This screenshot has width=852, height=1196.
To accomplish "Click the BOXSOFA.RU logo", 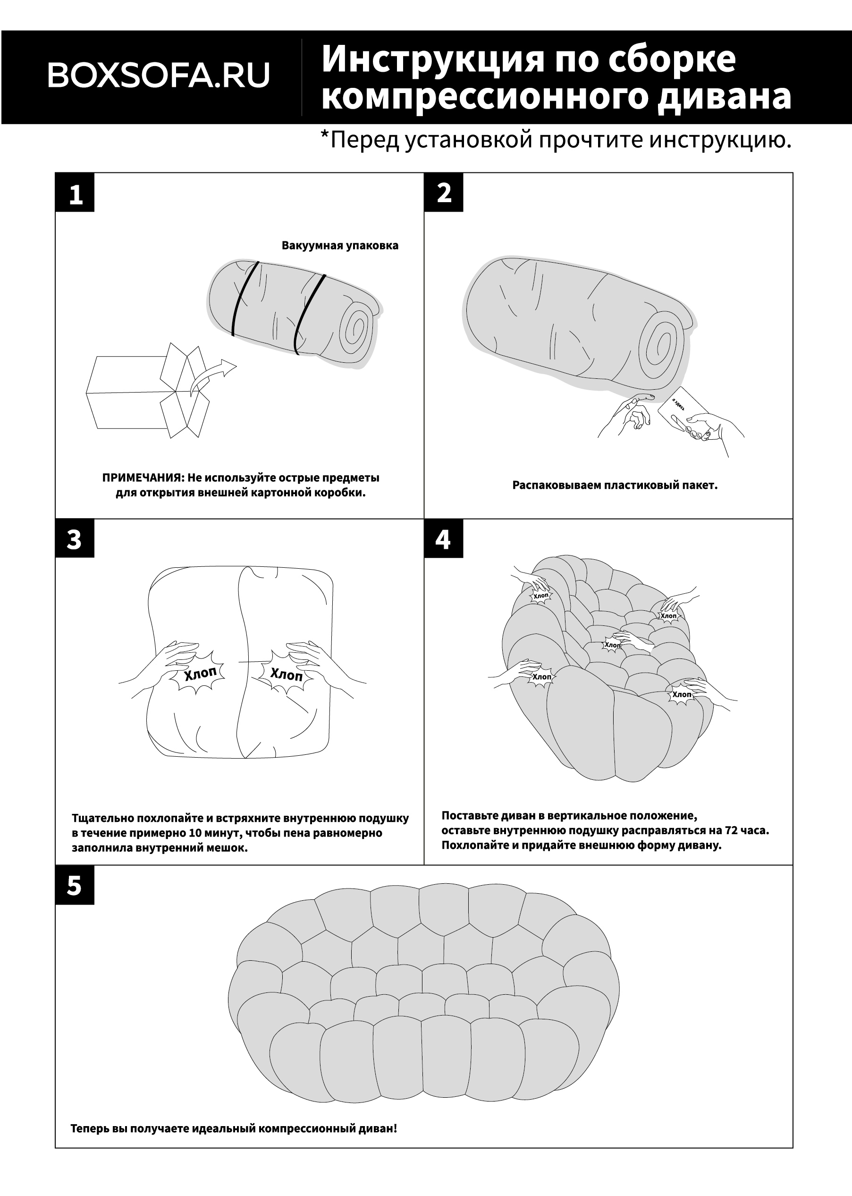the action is (x=159, y=75).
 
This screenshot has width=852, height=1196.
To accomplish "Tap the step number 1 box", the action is (x=75, y=193).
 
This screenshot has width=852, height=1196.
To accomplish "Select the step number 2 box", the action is (x=444, y=193).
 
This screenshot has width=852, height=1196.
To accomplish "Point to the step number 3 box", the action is (x=75, y=538).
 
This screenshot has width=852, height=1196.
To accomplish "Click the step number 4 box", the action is (x=444, y=538).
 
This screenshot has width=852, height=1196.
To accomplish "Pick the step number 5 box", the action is (x=75, y=885).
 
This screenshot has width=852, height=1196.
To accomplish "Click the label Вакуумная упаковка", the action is (x=340, y=246).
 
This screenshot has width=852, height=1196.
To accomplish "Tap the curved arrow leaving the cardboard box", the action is (x=212, y=376).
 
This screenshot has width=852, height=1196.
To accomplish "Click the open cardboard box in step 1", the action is (x=148, y=390).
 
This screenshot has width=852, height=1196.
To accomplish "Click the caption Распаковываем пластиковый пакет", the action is (x=615, y=485).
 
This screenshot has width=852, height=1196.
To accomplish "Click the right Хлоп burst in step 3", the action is (x=287, y=674).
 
